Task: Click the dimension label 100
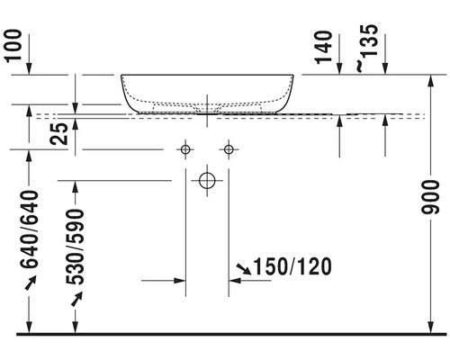(x=14, y=45)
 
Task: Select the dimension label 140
(x=324, y=48)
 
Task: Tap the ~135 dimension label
(x=367, y=48)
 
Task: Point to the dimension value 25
(x=59, y=134)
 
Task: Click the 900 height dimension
(x=430, y=197)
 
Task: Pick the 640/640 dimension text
(x=29, y=229)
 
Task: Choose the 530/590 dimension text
(x=75, y=247)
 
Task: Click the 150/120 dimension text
(x=292, y=266)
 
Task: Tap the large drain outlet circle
(x=207, y=181)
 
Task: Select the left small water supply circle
(x=185, y=149)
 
